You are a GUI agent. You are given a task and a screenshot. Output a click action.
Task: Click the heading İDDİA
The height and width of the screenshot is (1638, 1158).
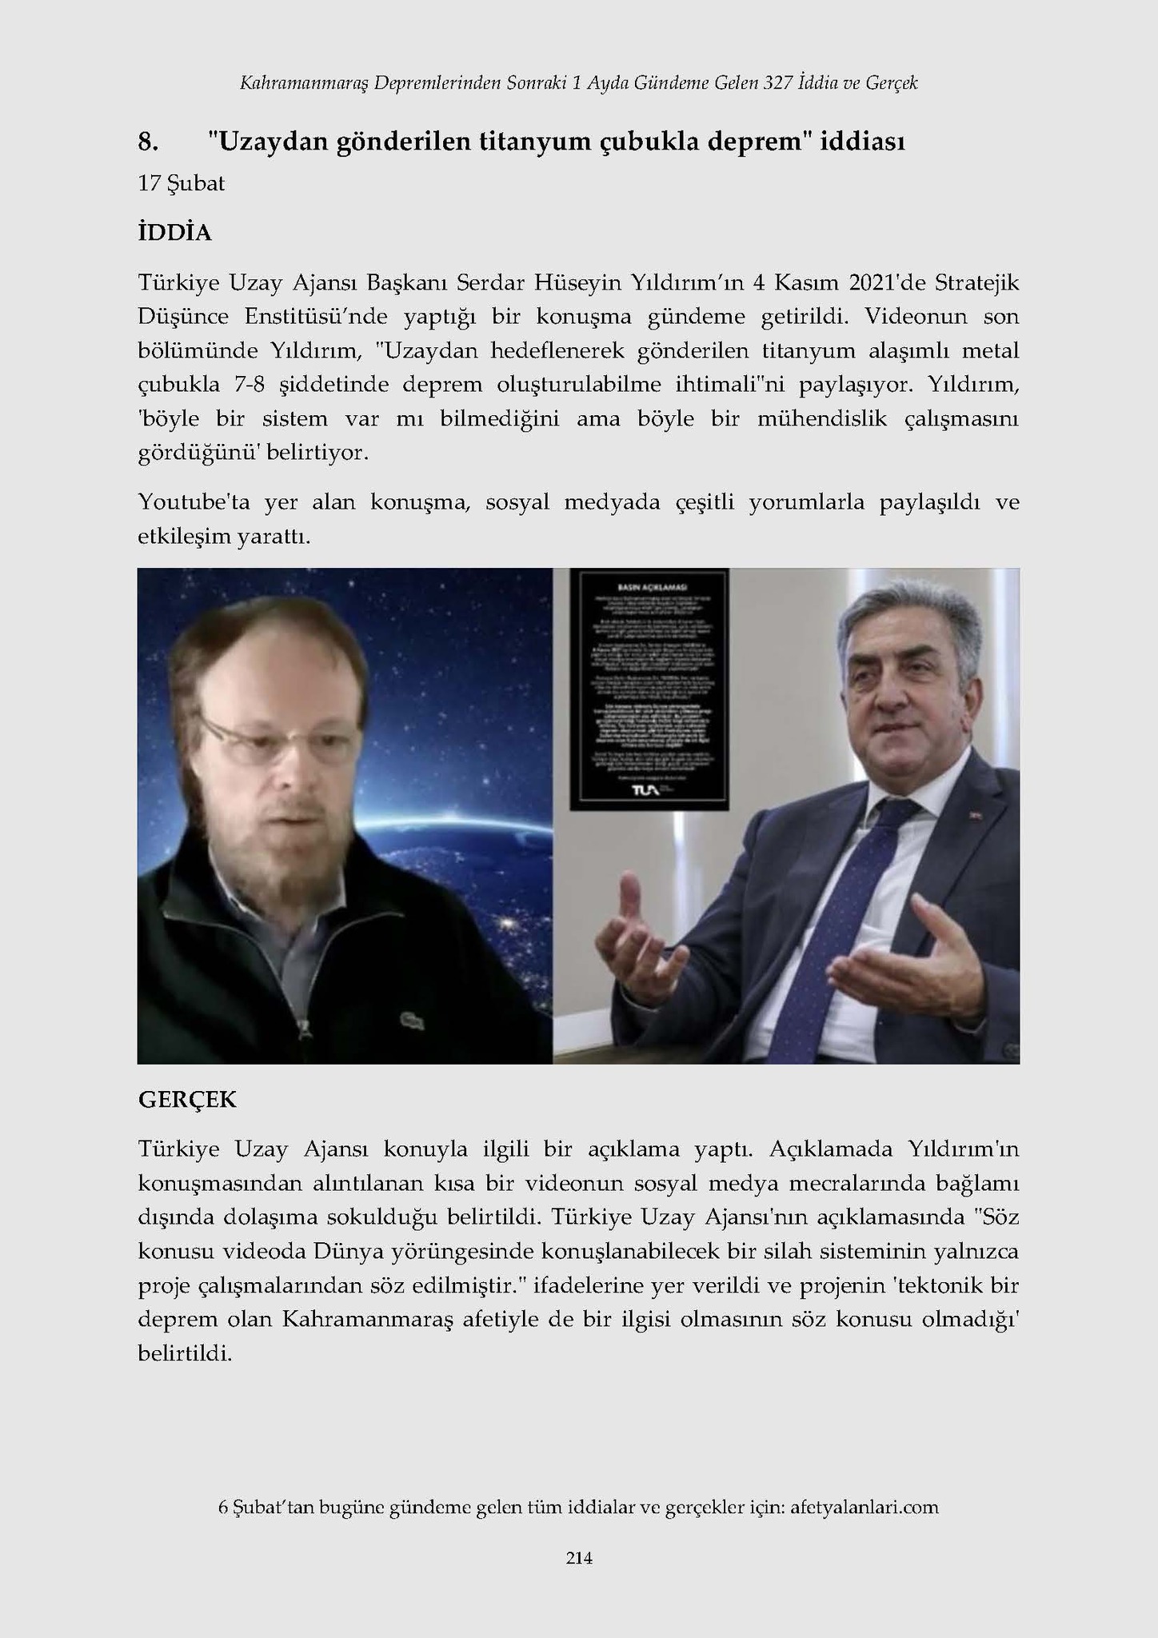pyautogui.click(x=175, y=233)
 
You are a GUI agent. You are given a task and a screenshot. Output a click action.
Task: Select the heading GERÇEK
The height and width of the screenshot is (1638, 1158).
pyautogui.click(x=187, y=1099)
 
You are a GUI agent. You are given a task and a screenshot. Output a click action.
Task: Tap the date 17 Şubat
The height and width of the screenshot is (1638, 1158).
pyautogui.click(x=181, y=183)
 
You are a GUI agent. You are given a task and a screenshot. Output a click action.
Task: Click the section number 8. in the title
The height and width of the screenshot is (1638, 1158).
pyautogui.click(x=148, y=142)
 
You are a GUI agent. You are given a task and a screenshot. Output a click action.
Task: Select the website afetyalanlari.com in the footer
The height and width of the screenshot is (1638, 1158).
pyautogui.click(x=864, y=1507)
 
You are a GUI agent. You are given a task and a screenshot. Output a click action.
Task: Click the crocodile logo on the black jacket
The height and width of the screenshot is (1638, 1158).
pyautogui.click(x=410, y=1021)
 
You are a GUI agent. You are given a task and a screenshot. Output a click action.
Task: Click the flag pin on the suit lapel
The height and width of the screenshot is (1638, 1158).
pyautogui.click(x=977, y=817)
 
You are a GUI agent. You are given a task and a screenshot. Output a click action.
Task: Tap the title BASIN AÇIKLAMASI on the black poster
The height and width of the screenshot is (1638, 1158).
pyautogui.click(x=649, y=576)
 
